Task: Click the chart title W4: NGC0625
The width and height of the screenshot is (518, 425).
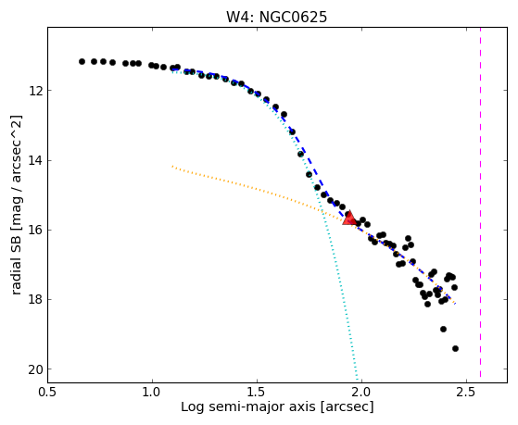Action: (276, 17)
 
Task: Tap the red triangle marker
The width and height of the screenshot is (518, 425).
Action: (348, 218)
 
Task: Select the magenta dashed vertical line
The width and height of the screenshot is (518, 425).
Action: (480, 202)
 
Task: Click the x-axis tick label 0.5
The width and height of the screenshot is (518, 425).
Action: (47, 392)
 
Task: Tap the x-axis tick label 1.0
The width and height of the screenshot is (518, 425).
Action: (152, 392)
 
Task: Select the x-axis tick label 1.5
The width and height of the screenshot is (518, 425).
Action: (257, 392)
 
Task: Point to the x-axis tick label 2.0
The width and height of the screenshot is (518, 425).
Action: (361, 392)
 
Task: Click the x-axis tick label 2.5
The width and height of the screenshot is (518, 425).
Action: (466, 392)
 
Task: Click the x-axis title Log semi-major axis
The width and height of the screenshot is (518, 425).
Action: (248, 406)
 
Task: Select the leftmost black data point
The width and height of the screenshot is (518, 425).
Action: (82, 61)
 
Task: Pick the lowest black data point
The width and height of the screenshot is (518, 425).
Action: (455, 348)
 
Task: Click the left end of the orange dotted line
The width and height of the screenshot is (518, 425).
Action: (172, 166)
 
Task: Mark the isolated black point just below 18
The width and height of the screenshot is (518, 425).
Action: (443, 329)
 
